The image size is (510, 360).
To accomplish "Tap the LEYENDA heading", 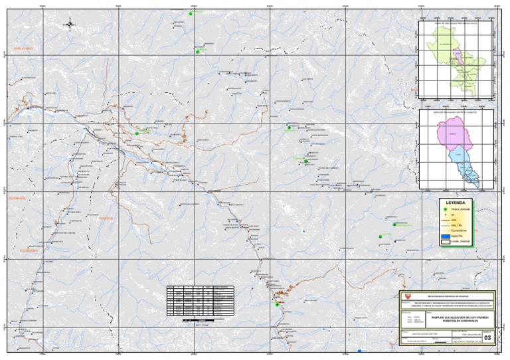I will coord(455,202).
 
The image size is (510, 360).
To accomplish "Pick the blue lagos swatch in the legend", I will coord(444,236).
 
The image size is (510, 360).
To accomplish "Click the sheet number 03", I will coord(489,338).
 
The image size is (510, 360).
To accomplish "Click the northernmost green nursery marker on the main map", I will coord(191,14).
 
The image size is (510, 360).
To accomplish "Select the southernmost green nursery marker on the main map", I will coord(277,304).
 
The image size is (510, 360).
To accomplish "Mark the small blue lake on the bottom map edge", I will coord(359,351).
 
